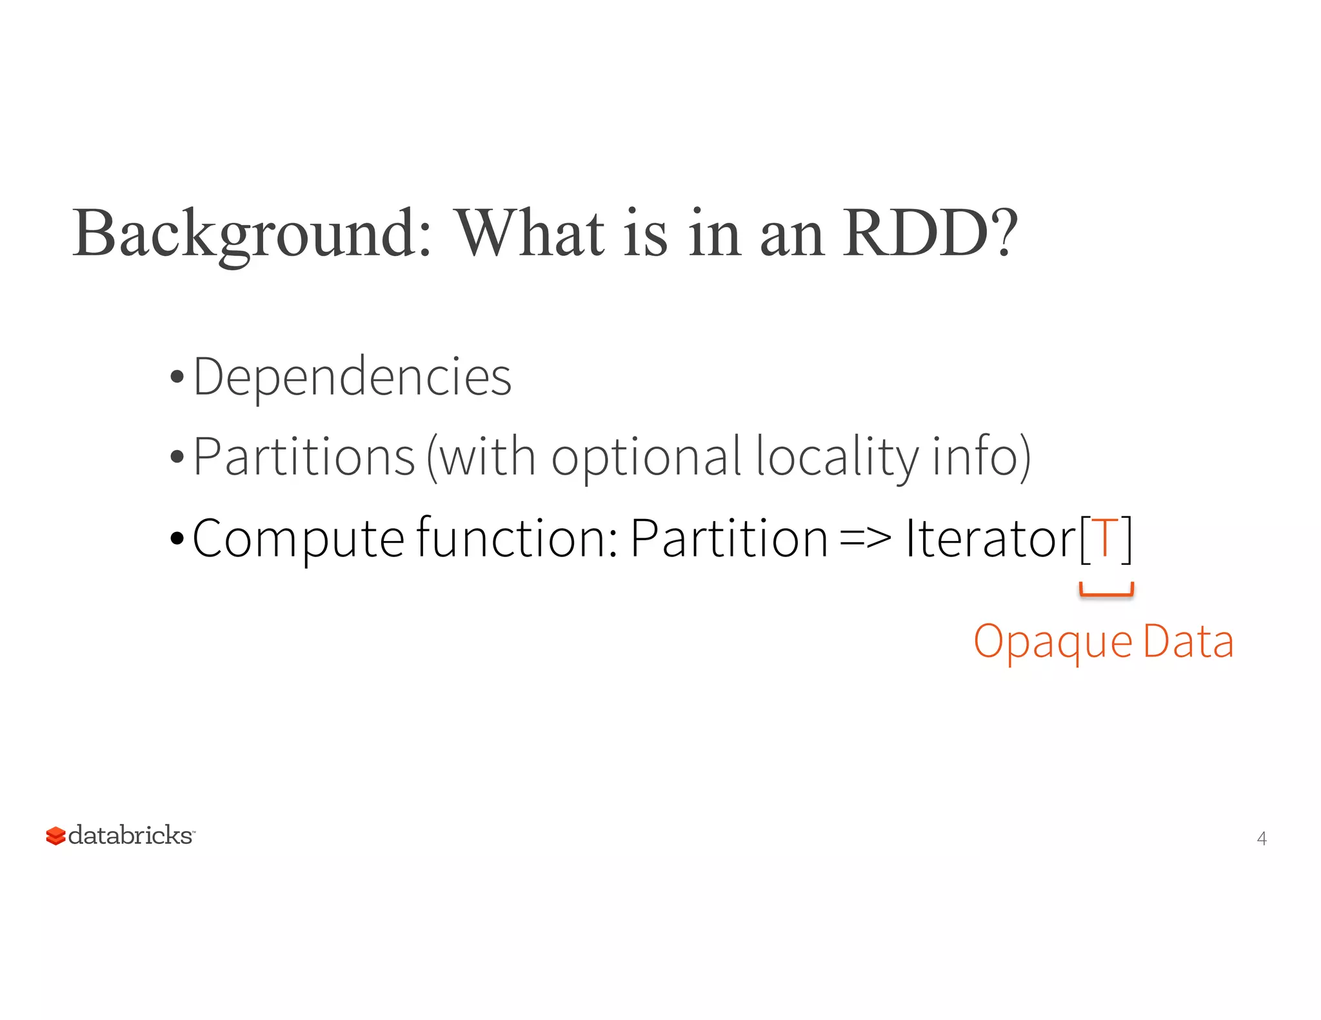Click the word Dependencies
pyautogui.click(x=352, y=377)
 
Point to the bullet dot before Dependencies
pyautogui.click(x=177, y=378)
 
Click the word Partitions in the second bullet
pyautogui.click(x=304, y=457)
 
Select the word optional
pyautogui.click(x=646, y=457)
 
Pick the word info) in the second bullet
pyautogui.click(x=982, y=457)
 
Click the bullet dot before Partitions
pyautogui.click(x=177, y=458)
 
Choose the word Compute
pyautogui.click(x=298, y=538)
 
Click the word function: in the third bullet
pyautogui.click(x=518, y=538)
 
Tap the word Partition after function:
pyautogui.click(x=729, y=538)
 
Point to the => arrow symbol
pyautogui.click(x=866, y=538)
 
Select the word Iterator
pyautogui.click(x=991, y=538)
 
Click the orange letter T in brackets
pyautogui.click(x=1106, y=538)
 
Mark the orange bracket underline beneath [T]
pyautogui.click(x=1106, y=591)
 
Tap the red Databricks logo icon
pyautogui.click(x=56, y=836)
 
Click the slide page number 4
pyautogui.click(x=1262, y=838)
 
